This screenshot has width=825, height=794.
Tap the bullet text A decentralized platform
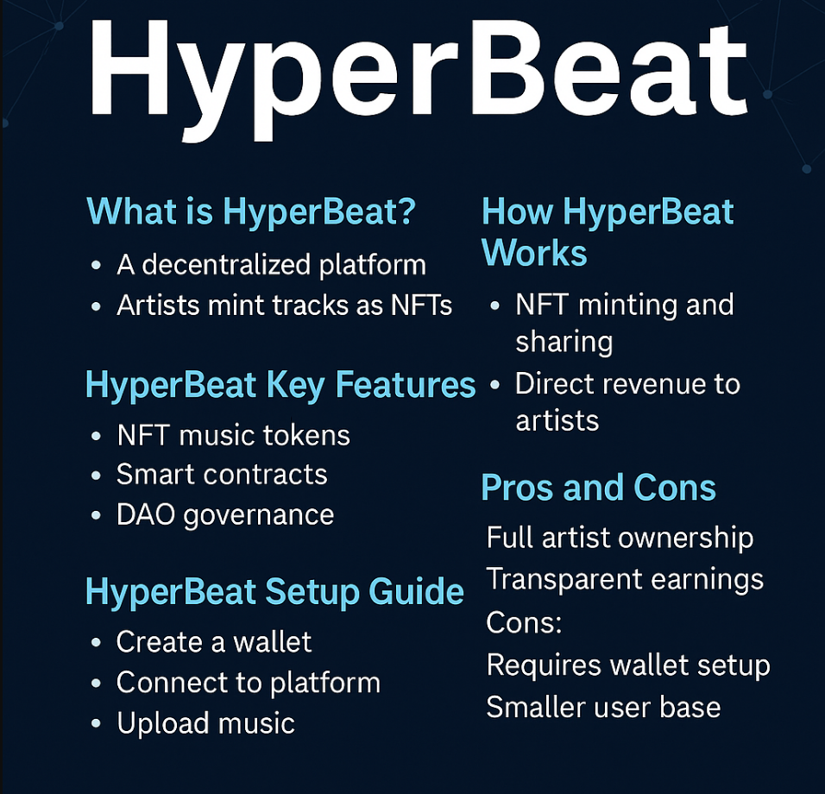(271, 265)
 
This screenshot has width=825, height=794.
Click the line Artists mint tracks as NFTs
(285, 305)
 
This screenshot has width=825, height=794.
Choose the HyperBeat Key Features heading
(280, 386)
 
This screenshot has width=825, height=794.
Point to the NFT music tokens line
(233, 435)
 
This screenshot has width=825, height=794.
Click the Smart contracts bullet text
(222, 475)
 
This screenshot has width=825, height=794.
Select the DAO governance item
(225, 515)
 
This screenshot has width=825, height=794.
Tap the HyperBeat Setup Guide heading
(274, 592)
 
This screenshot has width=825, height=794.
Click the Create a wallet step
(214, 642)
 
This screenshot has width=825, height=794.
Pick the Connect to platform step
(249, 683)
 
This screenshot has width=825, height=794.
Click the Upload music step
(205, 723)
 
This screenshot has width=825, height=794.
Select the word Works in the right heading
(534, 254)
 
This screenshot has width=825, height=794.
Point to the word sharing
(564, 343)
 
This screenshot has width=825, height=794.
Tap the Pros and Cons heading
(598, 488)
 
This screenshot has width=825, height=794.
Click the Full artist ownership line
(620, 538)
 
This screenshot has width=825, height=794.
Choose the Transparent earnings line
(625, 579)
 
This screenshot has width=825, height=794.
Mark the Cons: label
(524, 621)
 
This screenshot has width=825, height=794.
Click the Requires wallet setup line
(628, 665)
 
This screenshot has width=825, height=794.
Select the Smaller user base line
(603, 707)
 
